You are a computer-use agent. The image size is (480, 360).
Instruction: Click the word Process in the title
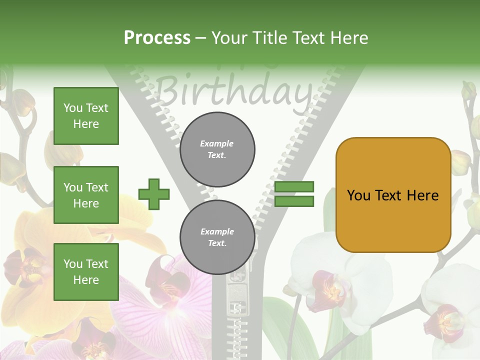coord(157,37)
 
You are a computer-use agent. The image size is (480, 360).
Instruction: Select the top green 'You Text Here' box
coord(86,116)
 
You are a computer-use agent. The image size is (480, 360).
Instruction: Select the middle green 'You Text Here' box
coord(86,195)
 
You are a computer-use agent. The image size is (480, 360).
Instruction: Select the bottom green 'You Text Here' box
coord(86,271)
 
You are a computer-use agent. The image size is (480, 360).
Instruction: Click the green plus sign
coord(154,193)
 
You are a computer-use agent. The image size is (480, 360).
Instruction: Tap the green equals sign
coord(294,194)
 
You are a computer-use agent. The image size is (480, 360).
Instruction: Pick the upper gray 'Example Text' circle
coord(217,149)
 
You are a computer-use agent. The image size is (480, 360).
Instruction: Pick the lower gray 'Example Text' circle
coord(217,237)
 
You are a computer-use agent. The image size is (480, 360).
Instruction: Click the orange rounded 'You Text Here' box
coord(393,195)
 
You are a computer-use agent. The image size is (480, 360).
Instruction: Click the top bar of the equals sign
coord(294,186)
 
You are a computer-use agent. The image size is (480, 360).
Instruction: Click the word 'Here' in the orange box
coord(422,195)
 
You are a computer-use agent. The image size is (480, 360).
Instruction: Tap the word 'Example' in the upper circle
coord(216,143)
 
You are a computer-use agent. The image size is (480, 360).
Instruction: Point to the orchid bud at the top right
coord(468,91)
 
